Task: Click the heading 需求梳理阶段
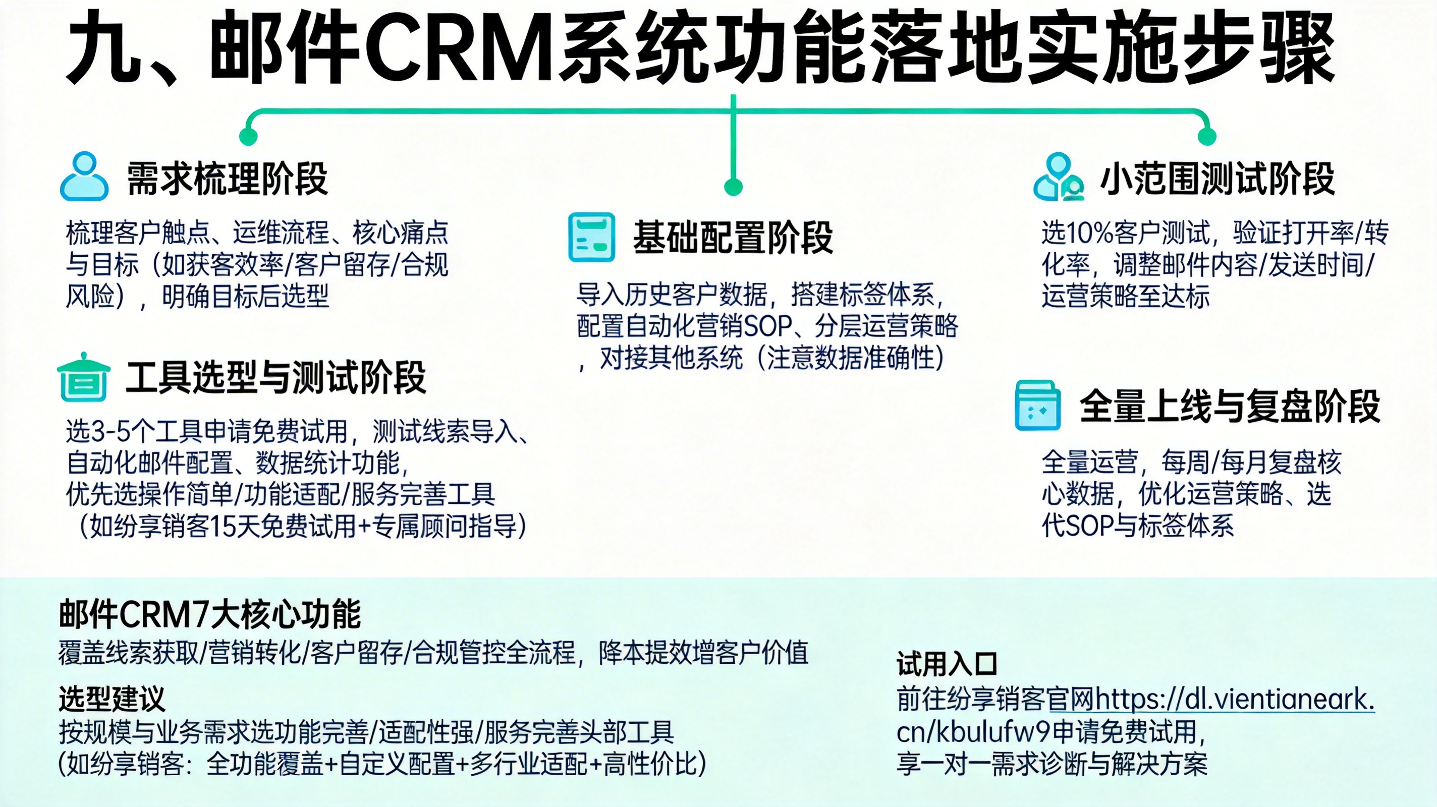pyautogui.click(x=227, y=179)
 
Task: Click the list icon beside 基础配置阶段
pyautogui.click(x=591, y=237)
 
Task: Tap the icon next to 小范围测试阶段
pyautogui.click(x=1058, y=178)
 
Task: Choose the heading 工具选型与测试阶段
pyautogui.click(x=275, y=378)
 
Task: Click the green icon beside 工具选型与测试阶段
pyautogui.click(x=84, y=378)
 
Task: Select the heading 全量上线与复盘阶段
pyautogui.click(x=1230, y=406)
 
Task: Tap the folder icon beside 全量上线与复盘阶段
pyautogui.click(x=1037, y=406)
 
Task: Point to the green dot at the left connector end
pyautogui.click(x=248, y=136)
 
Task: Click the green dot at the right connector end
pyautogui.click(x=1206, y=136)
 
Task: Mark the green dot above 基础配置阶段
pyautogui.click(x=733, y=187)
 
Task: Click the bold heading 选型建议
pyautogui.click(x=112, y=699)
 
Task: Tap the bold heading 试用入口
pyautogui.click(x=947, y=664)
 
